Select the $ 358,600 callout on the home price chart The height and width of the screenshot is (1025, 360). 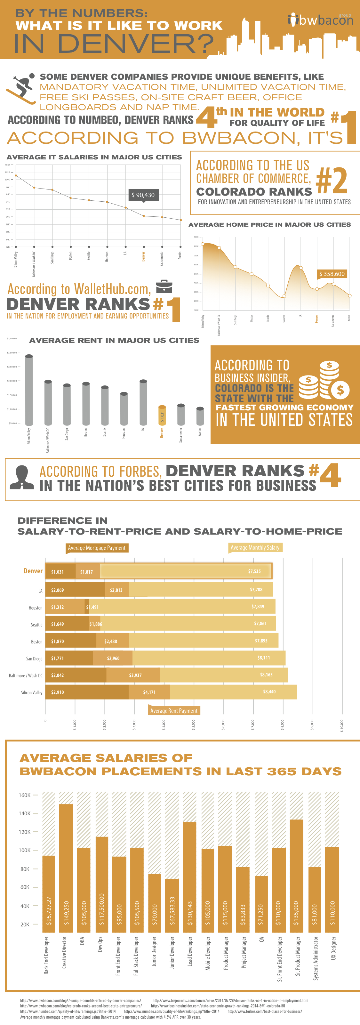[332, 274]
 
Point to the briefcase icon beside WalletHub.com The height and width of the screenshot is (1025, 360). [164, 287]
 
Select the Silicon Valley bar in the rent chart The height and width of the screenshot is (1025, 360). [29, 390]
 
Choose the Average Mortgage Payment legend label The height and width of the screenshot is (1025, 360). [97, 548]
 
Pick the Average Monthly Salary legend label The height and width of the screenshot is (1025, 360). [255, 547]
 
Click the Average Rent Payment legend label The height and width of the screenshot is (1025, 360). [174, 710]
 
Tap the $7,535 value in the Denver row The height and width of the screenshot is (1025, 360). [255, 571]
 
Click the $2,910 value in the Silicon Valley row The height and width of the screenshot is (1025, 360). [57, 692]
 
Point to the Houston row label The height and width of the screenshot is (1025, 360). [36, 608]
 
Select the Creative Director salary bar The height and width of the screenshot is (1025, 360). [66, 868]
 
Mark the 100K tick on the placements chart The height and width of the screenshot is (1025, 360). [25, 850]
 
